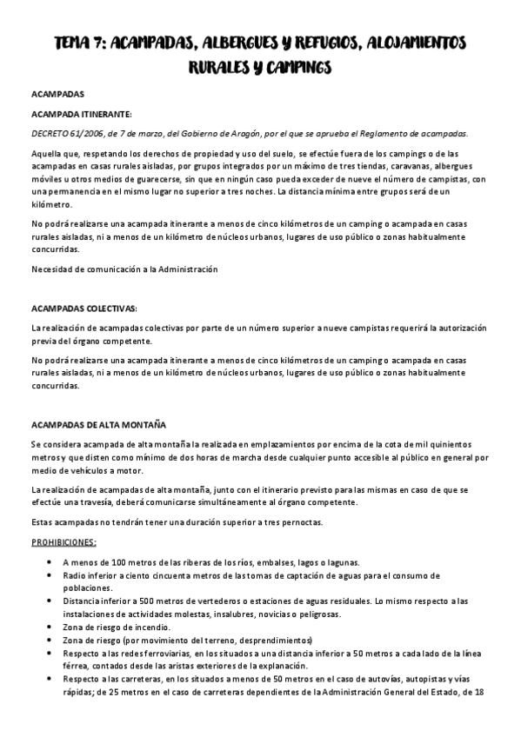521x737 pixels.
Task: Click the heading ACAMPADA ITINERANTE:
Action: pos(82,113)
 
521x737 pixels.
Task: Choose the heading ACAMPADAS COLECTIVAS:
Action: pos(84,308)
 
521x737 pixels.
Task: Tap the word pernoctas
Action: pos(295,523)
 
